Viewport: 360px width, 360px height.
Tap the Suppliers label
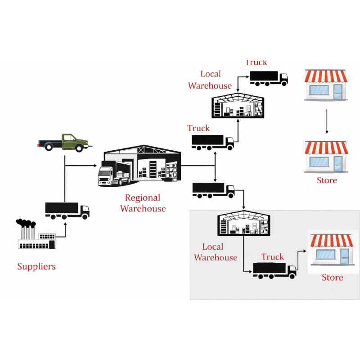[x=36, y=266]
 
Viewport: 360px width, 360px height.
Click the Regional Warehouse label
[x=143, y=203]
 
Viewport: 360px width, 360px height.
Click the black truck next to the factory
[x=67, y=210]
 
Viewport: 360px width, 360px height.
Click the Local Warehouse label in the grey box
[x=215, y=252]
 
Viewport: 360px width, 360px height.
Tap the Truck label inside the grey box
[x=273, y=257]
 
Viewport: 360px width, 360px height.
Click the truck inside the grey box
[x=274, y=270]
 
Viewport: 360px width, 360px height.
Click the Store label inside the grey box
[x=333, y=278]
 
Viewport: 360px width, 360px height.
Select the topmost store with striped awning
[x=326, y=84]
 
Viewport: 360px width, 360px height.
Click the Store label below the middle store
[x=327, y=180]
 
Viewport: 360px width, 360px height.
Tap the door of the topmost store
[x=337, y=91]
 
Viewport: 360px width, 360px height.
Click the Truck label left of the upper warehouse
[x=198, y=128]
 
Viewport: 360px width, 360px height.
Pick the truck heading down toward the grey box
[x=213, y=190]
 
